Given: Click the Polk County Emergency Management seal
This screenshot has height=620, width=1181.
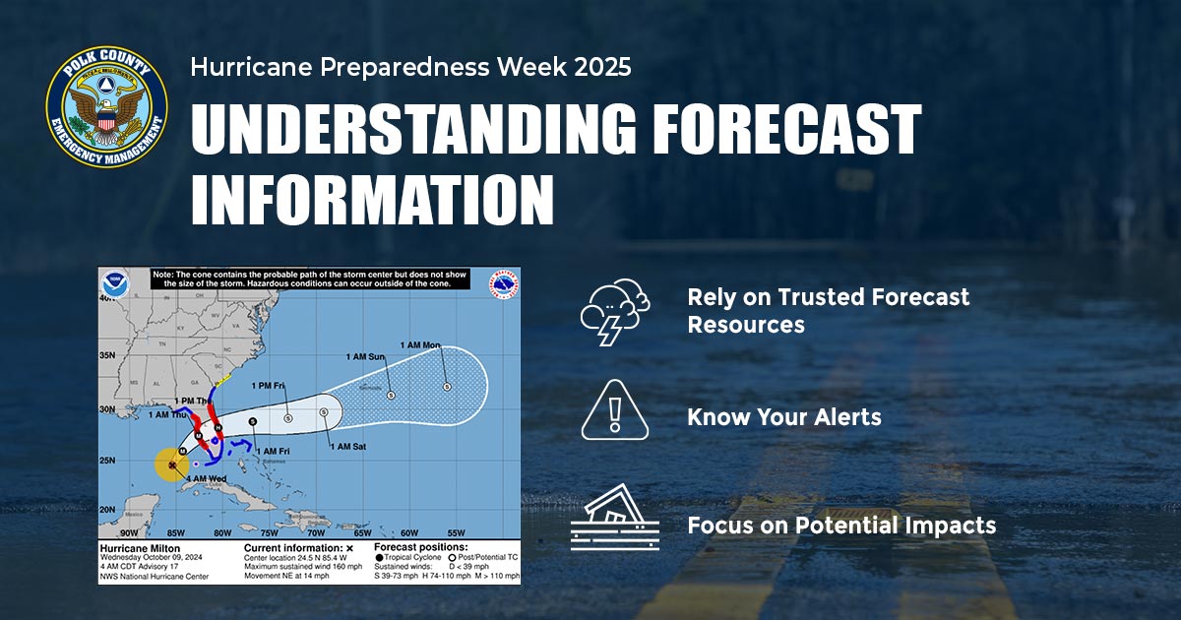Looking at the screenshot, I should click(106, 105).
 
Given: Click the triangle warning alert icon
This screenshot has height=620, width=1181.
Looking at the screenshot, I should click(614, 410).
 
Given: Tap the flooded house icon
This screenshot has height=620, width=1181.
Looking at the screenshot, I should click(614, 518).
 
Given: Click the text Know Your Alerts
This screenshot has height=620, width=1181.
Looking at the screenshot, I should click(783, 417).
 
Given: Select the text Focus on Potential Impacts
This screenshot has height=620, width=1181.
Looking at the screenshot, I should click(840, 526).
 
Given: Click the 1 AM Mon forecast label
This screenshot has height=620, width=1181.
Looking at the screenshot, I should click(420, 345).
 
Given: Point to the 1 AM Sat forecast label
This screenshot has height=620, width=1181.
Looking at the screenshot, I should click(348, 447).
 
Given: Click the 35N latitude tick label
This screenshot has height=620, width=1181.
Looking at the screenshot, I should click(109, 355).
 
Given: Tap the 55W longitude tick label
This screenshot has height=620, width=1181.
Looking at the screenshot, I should click(456, 532).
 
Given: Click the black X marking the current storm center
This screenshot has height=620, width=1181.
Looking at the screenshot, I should click(172, 465).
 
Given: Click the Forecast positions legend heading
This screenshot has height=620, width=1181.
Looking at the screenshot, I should click(421, 546).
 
